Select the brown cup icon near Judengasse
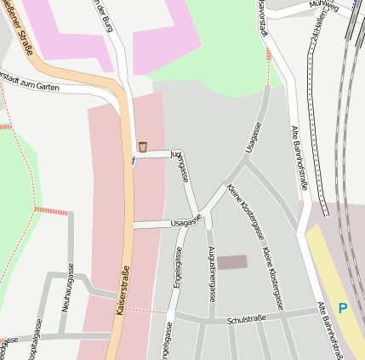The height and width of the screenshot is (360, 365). (x=142, y=146)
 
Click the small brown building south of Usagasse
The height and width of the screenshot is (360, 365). (x=232, y=262)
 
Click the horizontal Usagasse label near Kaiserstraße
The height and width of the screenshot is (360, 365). (x=185, y=221)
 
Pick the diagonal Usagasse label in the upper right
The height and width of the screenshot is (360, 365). (x=253, y=138)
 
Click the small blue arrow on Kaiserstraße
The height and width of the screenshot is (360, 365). (x=133, y=161)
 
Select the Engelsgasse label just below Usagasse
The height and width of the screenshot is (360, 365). (x=179, y=269)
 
